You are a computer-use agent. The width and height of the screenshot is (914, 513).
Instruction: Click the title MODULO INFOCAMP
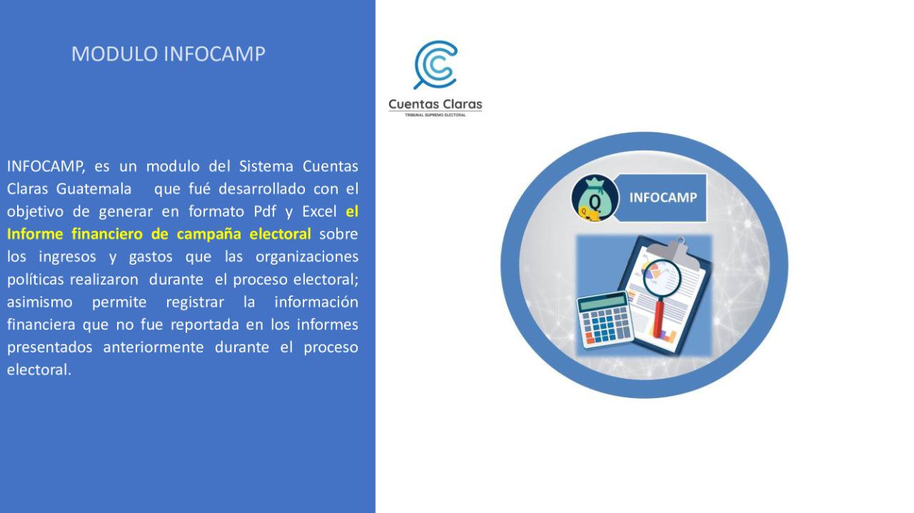pyautogui.click(x=168, y=54)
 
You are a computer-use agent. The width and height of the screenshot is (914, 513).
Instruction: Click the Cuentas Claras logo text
pyautogui.click(x=436, y=104)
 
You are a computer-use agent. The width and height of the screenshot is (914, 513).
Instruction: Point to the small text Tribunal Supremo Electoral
pyautogui.click(x=435, y=115)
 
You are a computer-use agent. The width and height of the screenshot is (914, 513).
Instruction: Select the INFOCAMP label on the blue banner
pyautogui.click(x=663, y=198)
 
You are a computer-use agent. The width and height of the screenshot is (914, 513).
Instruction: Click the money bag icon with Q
pyautogui.click(x=596, y=198)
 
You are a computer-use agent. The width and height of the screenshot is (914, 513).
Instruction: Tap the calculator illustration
pyautogui.click(x=605, y=320)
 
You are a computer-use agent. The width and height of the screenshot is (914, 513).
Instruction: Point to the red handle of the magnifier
pyautogui.click(x=658, y=318)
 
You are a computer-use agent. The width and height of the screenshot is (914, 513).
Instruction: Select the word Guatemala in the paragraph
pyautogui.click(x=94, y=189)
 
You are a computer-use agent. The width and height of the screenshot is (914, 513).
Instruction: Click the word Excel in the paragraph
pyautogui.click(x=319, y=211)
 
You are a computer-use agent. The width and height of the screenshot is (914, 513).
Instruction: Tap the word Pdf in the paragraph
pyautogui.click(x=265, y=211)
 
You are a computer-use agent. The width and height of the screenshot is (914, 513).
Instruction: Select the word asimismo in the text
pyautogui.click(x=39, y=303)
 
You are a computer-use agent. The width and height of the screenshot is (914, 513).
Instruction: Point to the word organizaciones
pyautogui.click(x=307, y=257)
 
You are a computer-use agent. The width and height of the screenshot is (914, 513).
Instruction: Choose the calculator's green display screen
pyautogui.click(x=602, y=303)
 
